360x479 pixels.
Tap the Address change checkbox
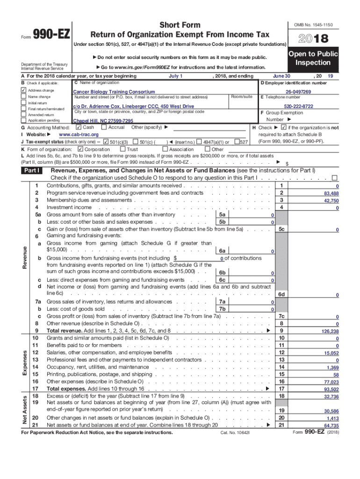pyautogui.click(x=23, y=90)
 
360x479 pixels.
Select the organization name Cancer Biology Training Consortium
pyautogui.click(x=114, y=92)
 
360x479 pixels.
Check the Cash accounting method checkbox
pyautogui.click(x=78, y=127)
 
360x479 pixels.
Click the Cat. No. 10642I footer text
pyautogui.click(x=236, y=433)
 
